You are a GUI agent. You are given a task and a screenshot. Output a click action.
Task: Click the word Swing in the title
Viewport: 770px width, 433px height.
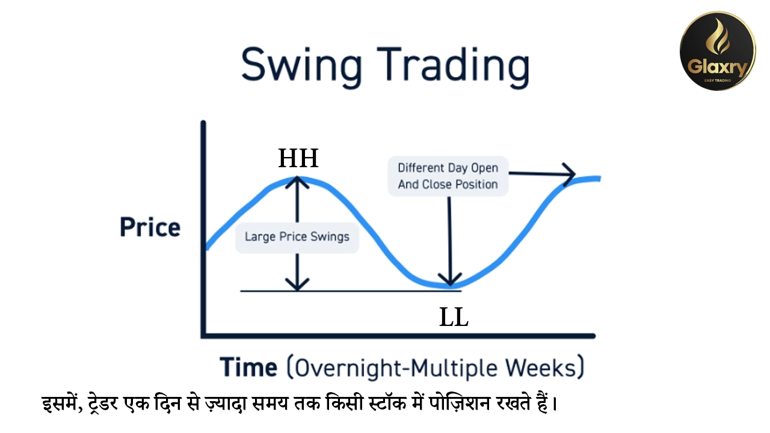pyautogui.click(x=301, y=67)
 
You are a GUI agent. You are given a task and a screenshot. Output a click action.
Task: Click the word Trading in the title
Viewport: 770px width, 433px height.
pyautogui.click(x=454, y=67)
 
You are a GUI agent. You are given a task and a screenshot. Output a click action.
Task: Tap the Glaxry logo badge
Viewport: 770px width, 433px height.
pyautogui.click(x=718, y=51)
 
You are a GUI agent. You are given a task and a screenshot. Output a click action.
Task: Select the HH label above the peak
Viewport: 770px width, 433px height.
pyautogui.click(x=298, y=158)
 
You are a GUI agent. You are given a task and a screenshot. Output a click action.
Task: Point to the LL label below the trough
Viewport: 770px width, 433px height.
pyautogui.click(x=454, y=317)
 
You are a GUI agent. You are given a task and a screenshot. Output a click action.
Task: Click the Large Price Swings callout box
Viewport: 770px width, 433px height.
pyautogui.click(x=297, y=237)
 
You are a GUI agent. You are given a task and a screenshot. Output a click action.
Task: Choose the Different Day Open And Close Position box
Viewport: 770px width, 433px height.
pyautogui.click(x=448, y=176)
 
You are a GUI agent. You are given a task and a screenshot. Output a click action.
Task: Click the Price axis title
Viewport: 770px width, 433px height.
pyautogui.click(x=150, y=227)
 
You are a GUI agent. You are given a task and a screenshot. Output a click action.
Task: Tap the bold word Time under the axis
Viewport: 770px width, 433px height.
pyautogui.click(x=248, y=367)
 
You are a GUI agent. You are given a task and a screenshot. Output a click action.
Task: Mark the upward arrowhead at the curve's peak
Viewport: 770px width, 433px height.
pyautogui.click(x=297, y=183)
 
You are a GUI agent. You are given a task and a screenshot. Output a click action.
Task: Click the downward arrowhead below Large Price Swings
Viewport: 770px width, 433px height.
pyautogui.click(x=297, y=284)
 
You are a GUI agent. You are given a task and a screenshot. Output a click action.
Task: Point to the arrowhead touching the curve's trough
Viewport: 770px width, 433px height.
pyautogui.click(x=450, y=280)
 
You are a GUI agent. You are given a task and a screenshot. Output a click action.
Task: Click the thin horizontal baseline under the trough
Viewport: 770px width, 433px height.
pyautogui.click(x=351, y=291)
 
